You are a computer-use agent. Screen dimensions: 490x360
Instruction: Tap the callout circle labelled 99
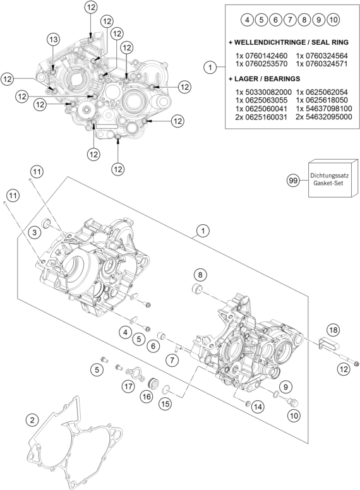coord(293,181)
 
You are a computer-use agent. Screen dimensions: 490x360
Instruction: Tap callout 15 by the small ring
coord(165,403)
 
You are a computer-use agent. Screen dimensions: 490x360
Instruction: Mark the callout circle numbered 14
coord(258,407)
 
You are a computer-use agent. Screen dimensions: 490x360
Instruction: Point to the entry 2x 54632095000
coord(318,117)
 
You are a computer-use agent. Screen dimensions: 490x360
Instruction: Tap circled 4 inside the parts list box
coord(247,20)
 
